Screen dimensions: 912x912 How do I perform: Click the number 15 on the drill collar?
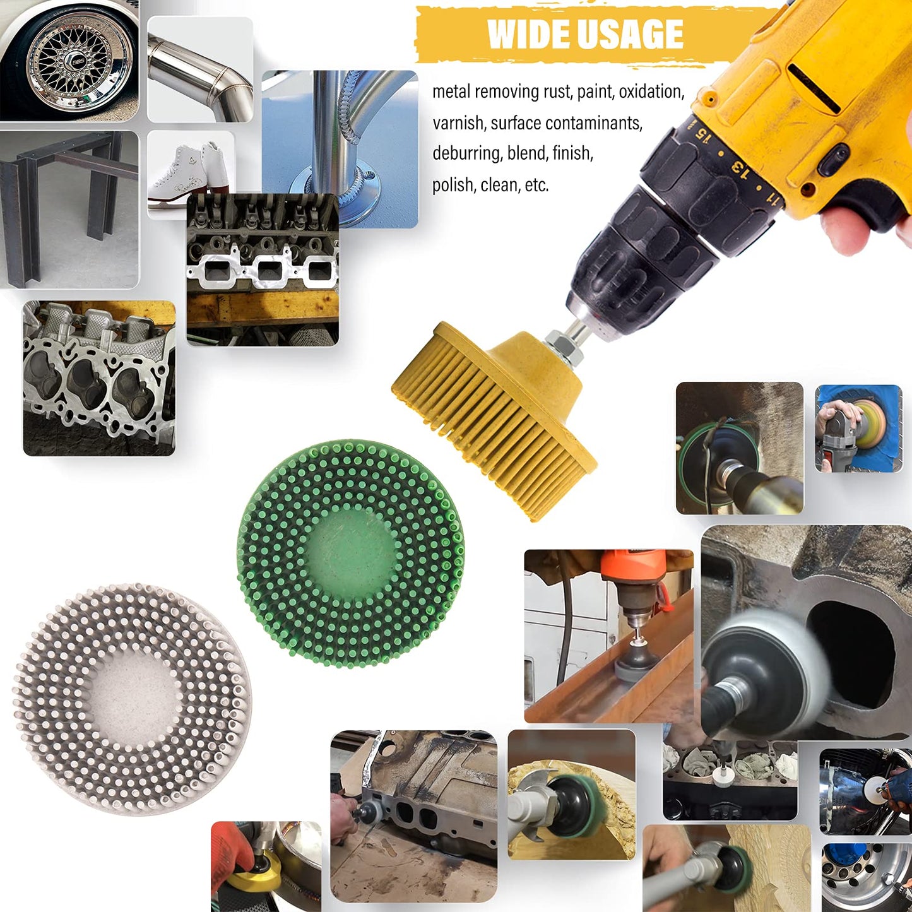tap(701, 132)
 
